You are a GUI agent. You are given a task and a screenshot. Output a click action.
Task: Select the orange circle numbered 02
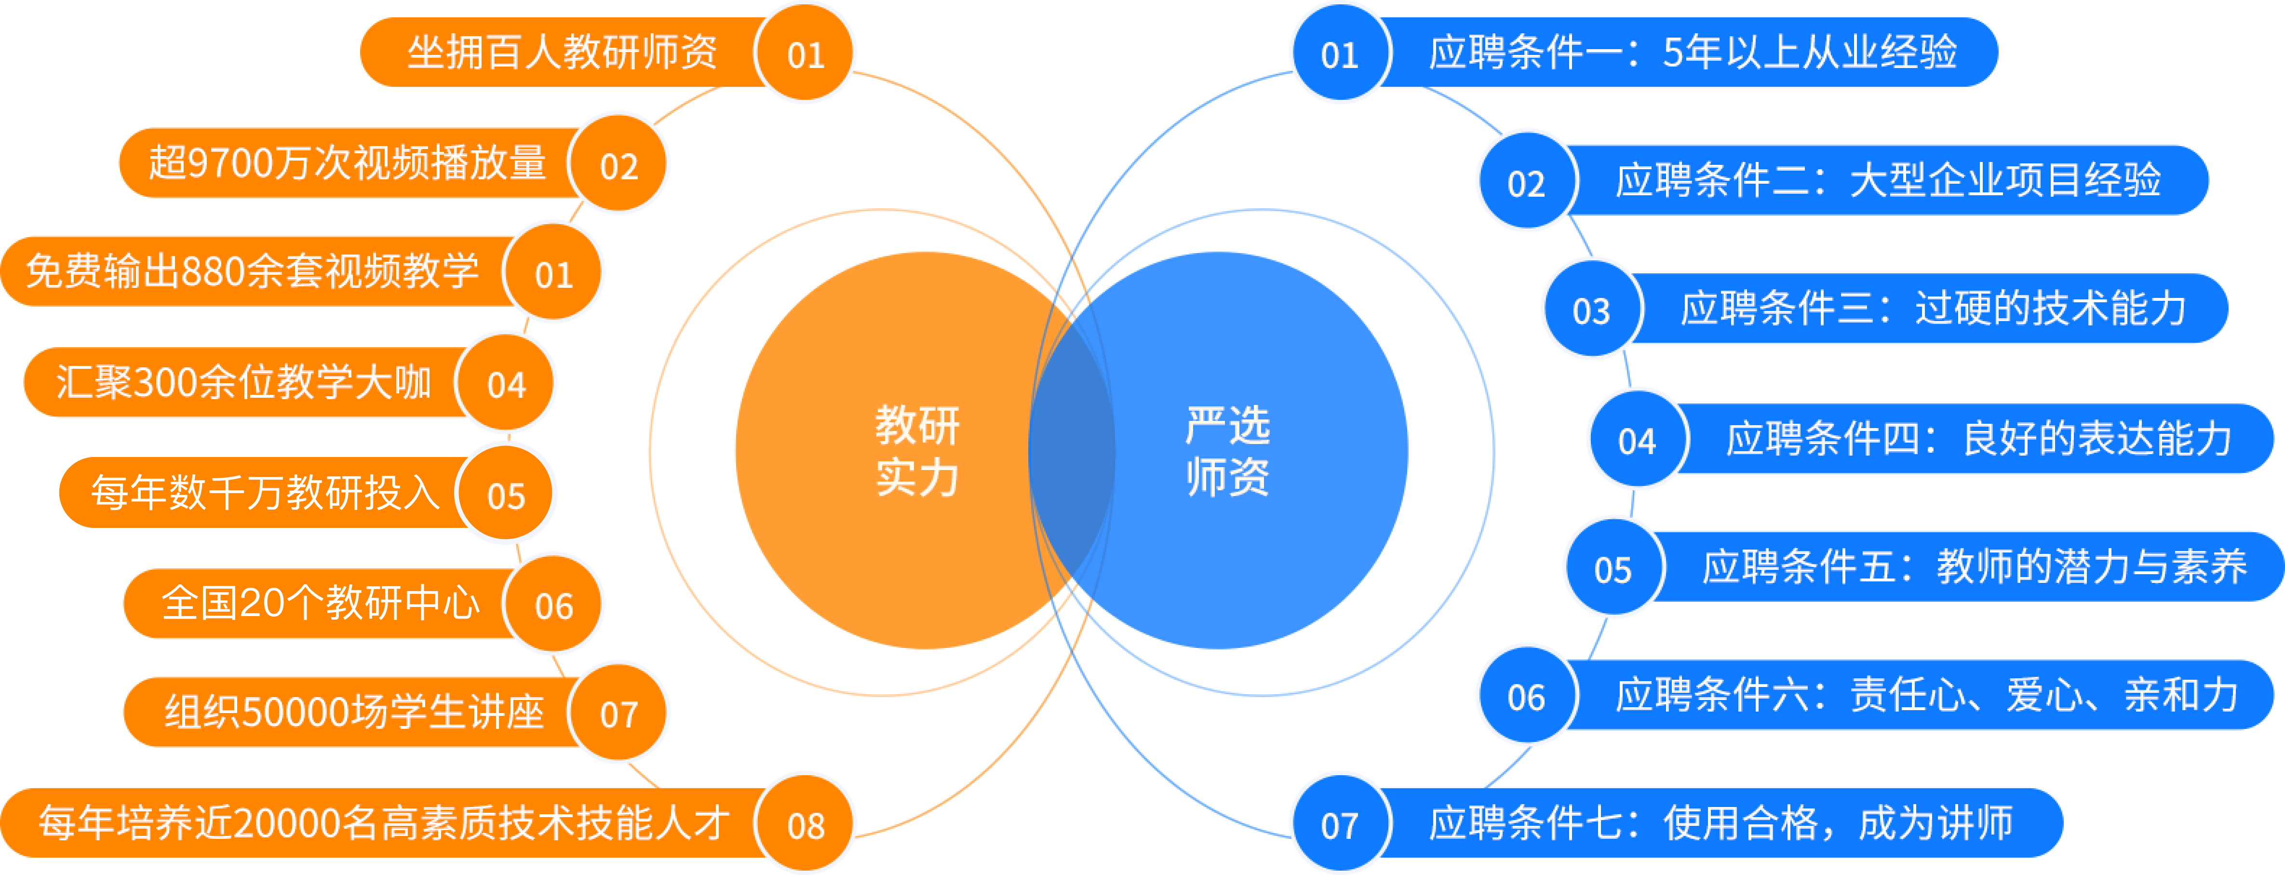coord(618,165)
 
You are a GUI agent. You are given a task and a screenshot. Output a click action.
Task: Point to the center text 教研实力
coord(917,451)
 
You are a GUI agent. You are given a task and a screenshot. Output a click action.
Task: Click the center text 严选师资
coord(1228,451)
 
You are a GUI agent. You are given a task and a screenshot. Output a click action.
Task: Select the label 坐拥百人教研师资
coord(562,53)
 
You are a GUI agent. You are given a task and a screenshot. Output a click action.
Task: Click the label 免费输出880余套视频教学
coord(253,271)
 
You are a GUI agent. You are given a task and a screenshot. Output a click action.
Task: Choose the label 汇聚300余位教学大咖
coord(243,382)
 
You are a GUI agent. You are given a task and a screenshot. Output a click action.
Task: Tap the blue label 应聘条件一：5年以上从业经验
coord(1693,53)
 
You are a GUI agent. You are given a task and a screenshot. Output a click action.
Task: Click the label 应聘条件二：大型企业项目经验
coord(1888,180)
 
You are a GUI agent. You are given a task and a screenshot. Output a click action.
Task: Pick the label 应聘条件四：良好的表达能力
coord(1978,439)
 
